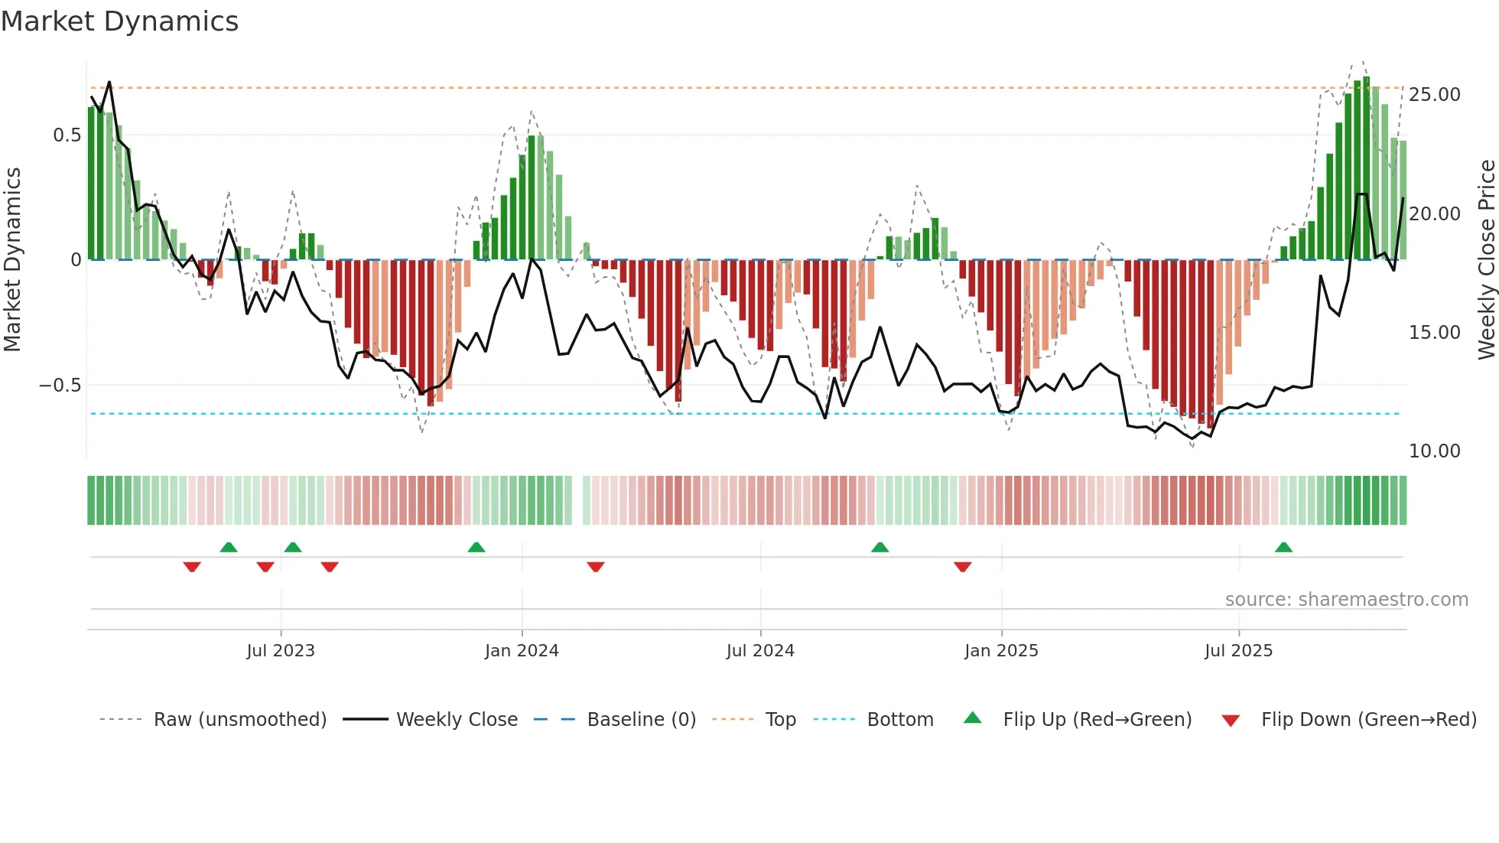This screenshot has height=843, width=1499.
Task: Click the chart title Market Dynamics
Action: point(119,21)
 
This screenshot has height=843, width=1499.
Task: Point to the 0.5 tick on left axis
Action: point(67,135)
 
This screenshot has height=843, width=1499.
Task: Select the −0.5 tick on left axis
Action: point(60,385)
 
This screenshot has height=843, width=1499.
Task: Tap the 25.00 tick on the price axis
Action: point(1434,95)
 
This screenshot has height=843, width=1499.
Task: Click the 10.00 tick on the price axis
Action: point(1434,451)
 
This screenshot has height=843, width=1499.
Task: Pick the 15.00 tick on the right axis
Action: point(1434,333)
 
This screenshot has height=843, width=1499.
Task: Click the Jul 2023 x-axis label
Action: point(281,651)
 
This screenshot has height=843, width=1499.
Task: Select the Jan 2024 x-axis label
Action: point(522,651)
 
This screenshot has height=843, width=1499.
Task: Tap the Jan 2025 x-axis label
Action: point(1001,651)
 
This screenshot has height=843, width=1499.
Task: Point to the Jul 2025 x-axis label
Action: point(1238,651)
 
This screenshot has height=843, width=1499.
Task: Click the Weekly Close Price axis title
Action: point(1486,259)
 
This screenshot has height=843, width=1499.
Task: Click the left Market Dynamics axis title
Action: point(12,259)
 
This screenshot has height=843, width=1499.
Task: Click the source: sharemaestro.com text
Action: point(1346,600)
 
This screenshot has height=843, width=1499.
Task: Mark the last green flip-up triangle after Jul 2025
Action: point(1283,547)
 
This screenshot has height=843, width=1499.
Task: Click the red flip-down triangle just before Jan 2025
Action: point(962,567)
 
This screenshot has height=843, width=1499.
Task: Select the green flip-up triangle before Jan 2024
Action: point(476,547)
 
